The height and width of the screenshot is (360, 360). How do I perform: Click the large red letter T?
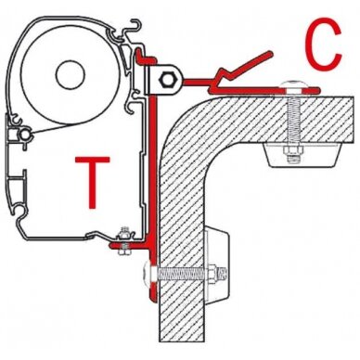click(93, 182)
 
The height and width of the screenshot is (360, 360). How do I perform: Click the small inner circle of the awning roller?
click(71, 74)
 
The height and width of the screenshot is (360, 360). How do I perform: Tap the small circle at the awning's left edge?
click(25, 135)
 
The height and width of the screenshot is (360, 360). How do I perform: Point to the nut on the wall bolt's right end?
click(213, 274)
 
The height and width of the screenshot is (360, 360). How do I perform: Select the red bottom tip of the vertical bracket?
click(153, 298)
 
